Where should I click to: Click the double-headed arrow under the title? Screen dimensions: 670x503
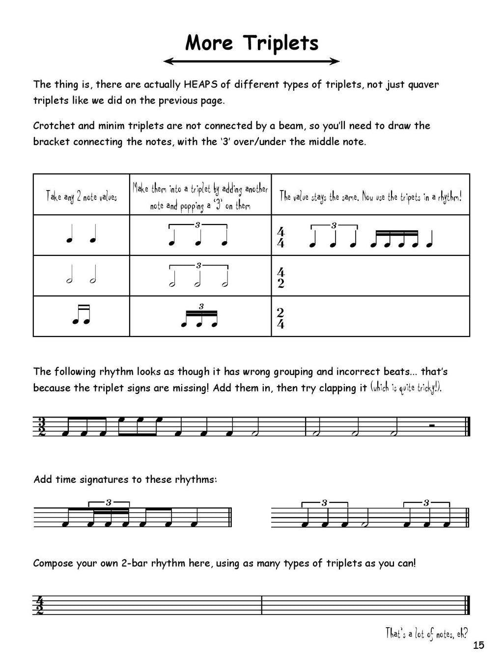(251, 61)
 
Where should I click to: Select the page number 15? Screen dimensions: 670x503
(478, 645)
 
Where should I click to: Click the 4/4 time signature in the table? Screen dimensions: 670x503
(280, 238)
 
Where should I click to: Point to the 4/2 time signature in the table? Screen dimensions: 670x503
(280, 278)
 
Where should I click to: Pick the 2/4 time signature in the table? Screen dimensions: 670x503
(280, 318)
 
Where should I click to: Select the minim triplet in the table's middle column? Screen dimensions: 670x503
(198, 278)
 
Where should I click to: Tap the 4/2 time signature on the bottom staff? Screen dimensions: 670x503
(39, 605)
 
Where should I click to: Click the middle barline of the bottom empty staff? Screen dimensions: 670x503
(262, 605)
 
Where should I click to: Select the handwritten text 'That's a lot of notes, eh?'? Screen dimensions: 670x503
(426, 633)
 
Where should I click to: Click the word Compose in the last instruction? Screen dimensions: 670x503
(52, 563)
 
